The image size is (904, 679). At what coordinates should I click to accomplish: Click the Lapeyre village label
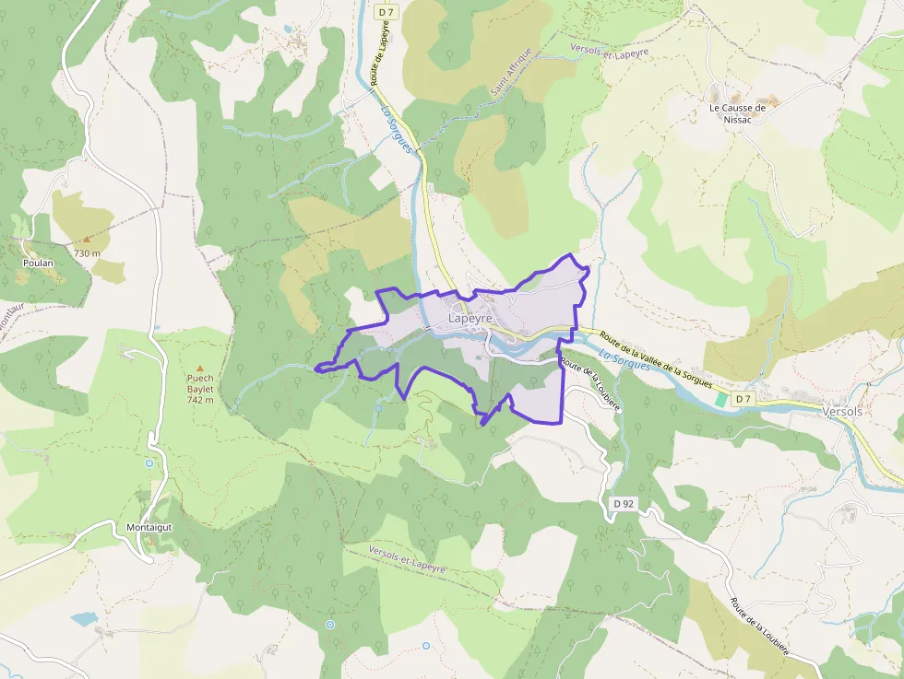pyautogui.click(x=470, y=319)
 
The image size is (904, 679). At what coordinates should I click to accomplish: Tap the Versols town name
pyautogui.click(x=841, y=412)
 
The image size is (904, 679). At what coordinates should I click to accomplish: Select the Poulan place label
pyautogui.click(x=39, y=263)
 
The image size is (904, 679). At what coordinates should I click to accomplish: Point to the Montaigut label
pyautogui.click(x=149, y=527)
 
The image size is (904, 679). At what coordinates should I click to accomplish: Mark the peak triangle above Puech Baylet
pyautogui.click(x=199, y=368)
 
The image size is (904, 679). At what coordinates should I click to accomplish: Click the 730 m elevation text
pyautogui.click(x=87, y=252)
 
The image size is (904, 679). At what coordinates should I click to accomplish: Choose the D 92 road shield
pyautogui.click(x=624, y=504)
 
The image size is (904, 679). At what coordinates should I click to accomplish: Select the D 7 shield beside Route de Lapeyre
pyautogui.click(x=386, y=11)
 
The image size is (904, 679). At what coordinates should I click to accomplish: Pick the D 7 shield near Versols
pyautogui.click(x=743, y=399)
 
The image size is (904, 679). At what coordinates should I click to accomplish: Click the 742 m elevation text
pyautogui.click(x=200, y=400)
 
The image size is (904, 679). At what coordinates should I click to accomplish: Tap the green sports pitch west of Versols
pyautogui.click(x=720, y=400)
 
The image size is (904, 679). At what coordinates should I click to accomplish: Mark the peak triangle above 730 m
pyautogui.click(x=87, y=240)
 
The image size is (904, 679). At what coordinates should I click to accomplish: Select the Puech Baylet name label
pyautogui.click(x=200, y=383)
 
